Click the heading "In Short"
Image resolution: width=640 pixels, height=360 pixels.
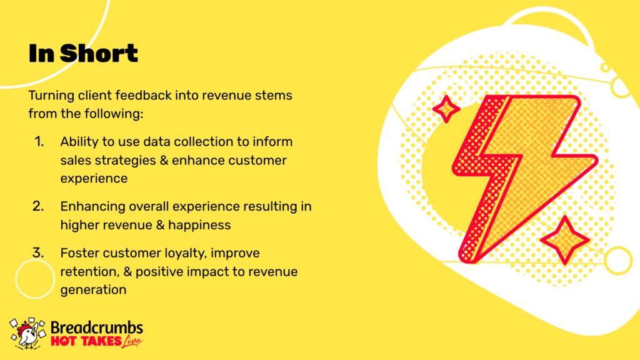(x=83, y=54)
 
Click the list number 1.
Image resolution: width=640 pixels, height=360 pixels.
(x=39, y=142)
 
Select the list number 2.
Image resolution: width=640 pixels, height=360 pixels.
(x=38, y=206)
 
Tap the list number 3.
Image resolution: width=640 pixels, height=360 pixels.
(x=38, y=253)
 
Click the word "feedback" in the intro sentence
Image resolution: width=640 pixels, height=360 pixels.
(x=143, y=96)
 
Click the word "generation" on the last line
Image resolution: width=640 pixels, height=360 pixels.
(x=94, y=290)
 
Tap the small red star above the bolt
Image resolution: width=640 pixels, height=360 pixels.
(x=446, y=109)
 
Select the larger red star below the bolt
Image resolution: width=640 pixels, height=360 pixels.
(x=565, y=240)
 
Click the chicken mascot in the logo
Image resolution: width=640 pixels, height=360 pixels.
(x=27, y=334)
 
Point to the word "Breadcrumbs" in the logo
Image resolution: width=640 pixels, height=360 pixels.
(x=97, y=327)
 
